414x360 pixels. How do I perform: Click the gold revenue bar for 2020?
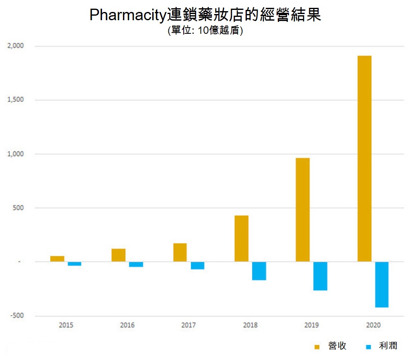point(364,158)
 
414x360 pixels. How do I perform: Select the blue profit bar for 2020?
point(382,285)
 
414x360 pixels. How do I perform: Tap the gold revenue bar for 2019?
point(303,209)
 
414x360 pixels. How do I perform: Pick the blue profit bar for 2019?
point(320,276)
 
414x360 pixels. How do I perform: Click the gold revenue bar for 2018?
point(241,238)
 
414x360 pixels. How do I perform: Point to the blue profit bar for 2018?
point(259,271)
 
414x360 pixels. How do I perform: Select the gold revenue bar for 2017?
point(180,252)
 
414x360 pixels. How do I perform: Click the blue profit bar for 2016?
point(136,264)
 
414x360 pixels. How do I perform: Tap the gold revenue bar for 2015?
point(57,259)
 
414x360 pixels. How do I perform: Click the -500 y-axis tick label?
point(18,316)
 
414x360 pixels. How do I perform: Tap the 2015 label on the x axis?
point(66,325)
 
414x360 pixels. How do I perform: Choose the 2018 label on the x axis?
point(250,325)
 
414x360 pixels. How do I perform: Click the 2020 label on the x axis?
point(373,325)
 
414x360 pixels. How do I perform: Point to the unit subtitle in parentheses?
point(205,31)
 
